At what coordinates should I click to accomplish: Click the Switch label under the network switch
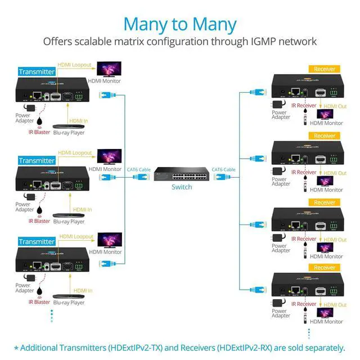point(181,187)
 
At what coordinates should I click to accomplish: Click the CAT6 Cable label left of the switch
point(138,169)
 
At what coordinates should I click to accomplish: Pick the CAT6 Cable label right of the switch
point(223,169)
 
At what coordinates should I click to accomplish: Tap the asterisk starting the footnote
point(16,348)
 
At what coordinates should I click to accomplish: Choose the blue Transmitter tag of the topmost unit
point(37,71)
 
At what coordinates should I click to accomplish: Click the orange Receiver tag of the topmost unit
point(325,69)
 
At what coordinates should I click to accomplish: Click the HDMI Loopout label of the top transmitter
point(74,65)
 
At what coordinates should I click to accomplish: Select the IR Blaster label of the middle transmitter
point(39,220)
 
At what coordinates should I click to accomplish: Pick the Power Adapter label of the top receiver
point(281,114)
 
